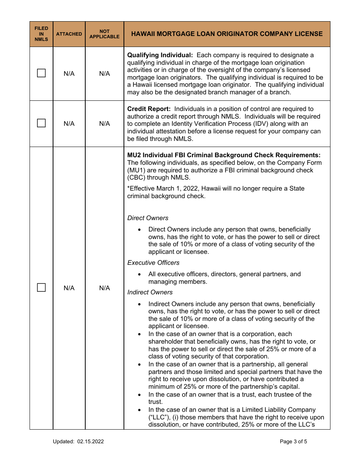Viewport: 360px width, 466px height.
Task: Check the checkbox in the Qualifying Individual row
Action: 41,73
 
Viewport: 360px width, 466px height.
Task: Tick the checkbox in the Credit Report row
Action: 41,123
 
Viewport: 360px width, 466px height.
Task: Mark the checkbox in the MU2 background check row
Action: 41,288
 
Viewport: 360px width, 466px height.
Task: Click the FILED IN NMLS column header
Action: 41,34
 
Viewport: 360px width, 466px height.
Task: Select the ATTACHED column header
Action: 69,34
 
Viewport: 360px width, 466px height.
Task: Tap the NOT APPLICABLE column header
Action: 105,34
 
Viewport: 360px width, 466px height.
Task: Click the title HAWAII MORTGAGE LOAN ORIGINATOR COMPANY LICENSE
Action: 227,34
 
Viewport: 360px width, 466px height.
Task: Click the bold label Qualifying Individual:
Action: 160,55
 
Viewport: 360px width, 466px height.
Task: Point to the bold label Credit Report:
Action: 149,109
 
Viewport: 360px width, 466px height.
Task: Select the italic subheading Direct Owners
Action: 148,218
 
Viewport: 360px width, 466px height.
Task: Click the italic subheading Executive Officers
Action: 153,263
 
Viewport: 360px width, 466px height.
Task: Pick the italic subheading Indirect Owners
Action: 150,292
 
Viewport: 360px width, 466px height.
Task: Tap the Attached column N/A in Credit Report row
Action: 69,124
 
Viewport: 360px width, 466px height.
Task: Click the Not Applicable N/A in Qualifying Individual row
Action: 105,73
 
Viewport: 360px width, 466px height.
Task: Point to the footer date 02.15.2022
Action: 90,441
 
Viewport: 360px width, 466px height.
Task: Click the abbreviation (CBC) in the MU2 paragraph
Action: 136,178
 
